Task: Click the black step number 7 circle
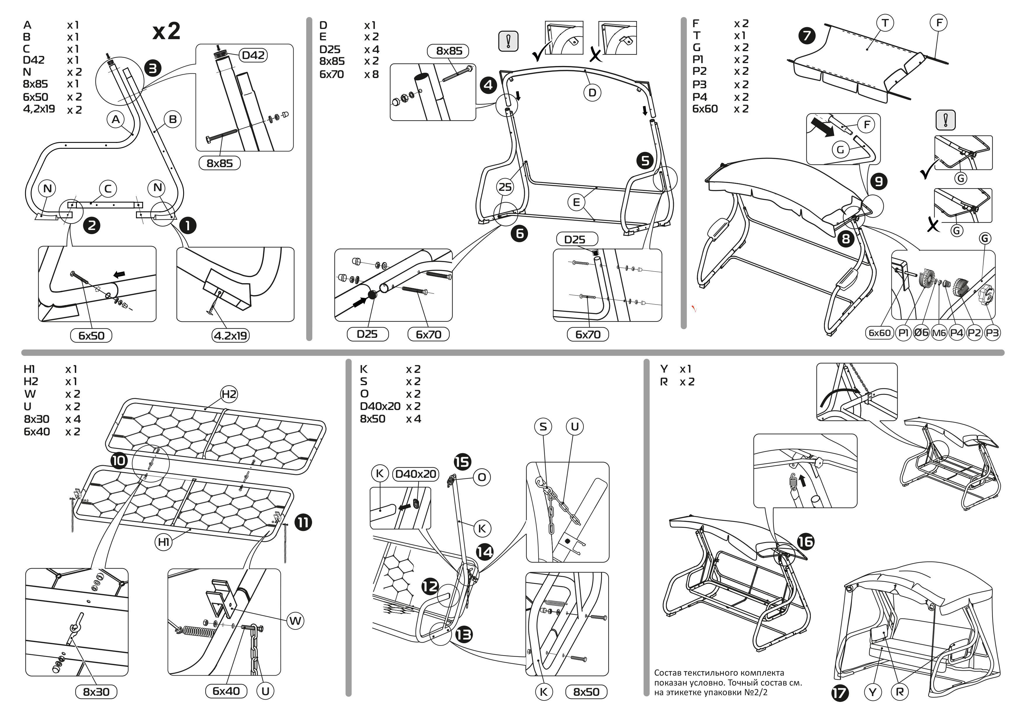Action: click(x=807, y=36)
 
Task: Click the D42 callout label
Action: click(x=253, y=55)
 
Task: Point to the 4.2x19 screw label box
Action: click(x=230, y=335)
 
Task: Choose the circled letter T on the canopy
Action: click(x=885, y=23)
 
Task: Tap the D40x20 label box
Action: click(x=415, y=474)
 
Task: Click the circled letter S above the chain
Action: click(x=543, y=426)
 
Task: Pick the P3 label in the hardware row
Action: click(x=992, y=333)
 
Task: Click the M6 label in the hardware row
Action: click(x=939, y=333)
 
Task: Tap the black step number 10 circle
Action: click(x=119, y=460)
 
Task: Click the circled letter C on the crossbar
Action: click(x=108, y=189)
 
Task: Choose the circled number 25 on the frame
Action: click(x=505, y=187)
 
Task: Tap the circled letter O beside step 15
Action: click(x=482, y=477)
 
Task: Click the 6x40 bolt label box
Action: click(x=226, y=691)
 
